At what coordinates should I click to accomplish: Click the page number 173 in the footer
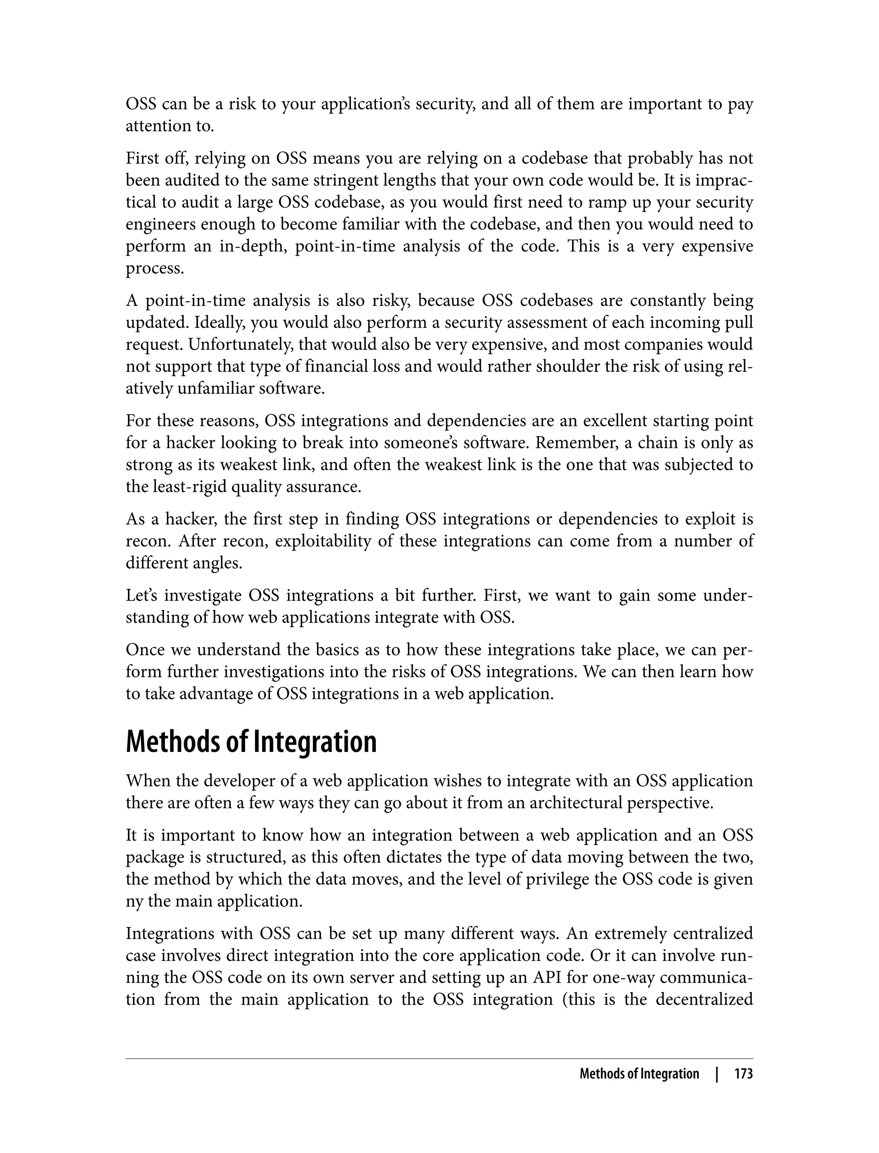pyautogui.click(x=743, y=1074)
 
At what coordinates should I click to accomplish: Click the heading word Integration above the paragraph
pyautogui.click(x=315, y=742)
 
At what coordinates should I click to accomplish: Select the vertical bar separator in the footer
pyautogui.click(x=717, y=1074)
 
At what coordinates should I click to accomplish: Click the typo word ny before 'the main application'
pyautogui.click(x=134, y=902)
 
